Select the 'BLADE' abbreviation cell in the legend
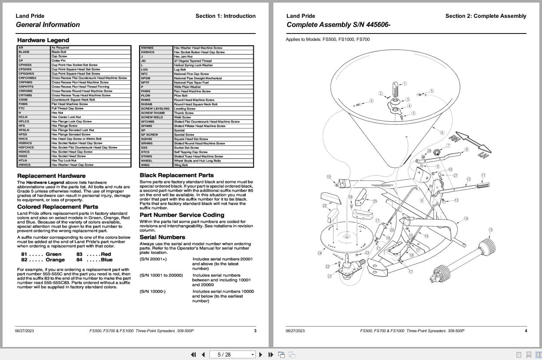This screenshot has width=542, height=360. coord(24,52)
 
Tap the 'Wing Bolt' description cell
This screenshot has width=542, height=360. coord(181,165)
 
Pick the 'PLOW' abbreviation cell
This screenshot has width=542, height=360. coord(146,96)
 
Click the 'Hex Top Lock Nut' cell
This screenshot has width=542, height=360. coord(64,160)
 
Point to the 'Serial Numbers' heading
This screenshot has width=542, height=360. coord(162,237)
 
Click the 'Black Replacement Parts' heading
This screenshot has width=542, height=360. coord(176,175)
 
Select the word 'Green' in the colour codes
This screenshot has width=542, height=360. coord(53,254)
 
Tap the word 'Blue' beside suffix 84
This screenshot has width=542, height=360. coord(106,260)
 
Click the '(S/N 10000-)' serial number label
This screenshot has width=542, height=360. coord(153,291)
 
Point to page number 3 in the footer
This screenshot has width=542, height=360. coord(255,331)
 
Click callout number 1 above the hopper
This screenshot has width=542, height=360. coord(405,83)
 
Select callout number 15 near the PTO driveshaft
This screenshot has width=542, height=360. coord(491,230)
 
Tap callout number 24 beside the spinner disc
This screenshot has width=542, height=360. coord(320,253)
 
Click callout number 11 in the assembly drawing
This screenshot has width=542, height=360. coord(483,175)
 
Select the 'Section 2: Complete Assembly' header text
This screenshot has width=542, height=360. coord(485,16)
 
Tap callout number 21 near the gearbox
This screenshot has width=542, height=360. coord(329,276)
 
